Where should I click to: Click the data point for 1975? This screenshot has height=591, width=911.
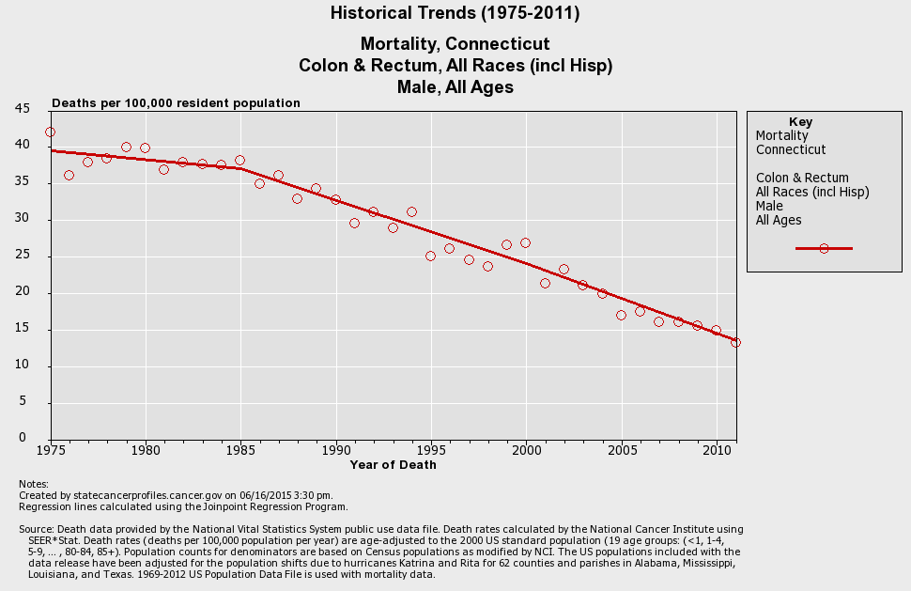point(50,132)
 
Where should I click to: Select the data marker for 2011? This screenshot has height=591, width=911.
point(735,343)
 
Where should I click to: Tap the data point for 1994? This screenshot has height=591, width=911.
point(411,212)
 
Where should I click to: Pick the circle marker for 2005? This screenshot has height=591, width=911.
point(621,316)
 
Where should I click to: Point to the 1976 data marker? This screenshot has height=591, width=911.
point(69,176)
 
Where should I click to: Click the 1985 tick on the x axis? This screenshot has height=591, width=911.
point(239,449)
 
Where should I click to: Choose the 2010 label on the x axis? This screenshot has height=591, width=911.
point(717,449)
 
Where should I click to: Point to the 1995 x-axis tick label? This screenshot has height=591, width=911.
point(430,449)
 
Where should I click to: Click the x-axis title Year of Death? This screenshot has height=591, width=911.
point(393,464)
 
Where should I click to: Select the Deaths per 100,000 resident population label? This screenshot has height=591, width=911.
point(176,103)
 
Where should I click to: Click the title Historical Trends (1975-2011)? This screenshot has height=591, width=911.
point(455,13)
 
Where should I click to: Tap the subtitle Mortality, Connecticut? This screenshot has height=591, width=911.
point(455,44)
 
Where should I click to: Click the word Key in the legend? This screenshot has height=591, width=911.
point(800,122)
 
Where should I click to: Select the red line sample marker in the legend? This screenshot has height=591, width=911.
point(824,249)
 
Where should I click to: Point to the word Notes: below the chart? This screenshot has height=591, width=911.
point(34,484)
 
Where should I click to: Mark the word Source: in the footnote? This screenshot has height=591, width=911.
point(37,530)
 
